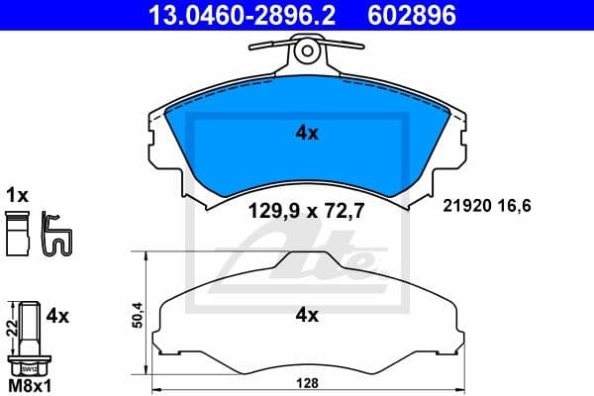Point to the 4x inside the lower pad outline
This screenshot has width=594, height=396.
306,316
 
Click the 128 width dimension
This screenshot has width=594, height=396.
311,383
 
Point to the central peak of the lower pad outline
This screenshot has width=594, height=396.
306,259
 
